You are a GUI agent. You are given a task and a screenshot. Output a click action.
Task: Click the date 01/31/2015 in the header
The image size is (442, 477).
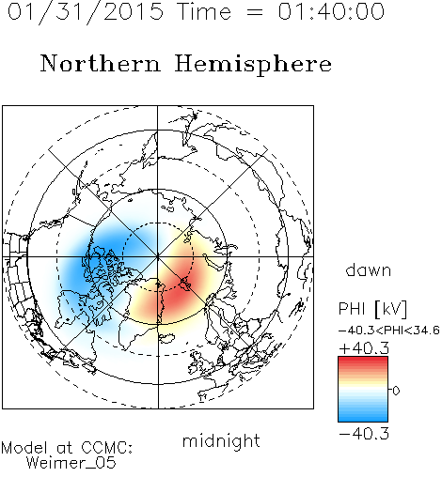coord(86,12)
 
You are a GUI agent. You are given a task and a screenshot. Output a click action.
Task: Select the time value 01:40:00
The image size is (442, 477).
coord(331,11)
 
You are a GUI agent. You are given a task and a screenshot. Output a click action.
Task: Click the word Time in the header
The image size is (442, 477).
coord(204,11)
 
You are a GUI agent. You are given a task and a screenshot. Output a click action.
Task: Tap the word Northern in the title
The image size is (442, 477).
coord(101,63)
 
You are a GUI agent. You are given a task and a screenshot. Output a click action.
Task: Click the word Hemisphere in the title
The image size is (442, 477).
coord(253,65)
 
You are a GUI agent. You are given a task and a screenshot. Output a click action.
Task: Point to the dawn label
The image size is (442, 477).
coord(369,269)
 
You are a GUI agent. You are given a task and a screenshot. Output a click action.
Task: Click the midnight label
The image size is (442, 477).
coord(221,440)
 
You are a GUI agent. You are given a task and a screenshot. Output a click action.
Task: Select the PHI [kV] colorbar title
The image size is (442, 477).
coord(372,309)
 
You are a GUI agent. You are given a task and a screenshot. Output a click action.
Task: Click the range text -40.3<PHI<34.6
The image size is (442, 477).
coord(389,331)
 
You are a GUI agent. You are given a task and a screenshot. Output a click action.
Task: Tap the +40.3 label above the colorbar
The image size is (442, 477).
coord(364,348)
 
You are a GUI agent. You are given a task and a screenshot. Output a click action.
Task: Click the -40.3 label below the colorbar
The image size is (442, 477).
coord(364,434)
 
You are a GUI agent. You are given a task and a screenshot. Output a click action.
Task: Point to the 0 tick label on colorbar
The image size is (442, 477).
coord(396,391)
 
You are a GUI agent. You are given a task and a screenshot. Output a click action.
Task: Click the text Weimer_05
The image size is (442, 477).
coord(71,463)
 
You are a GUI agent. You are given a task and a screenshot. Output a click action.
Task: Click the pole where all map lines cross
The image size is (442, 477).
coord(158,256)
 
